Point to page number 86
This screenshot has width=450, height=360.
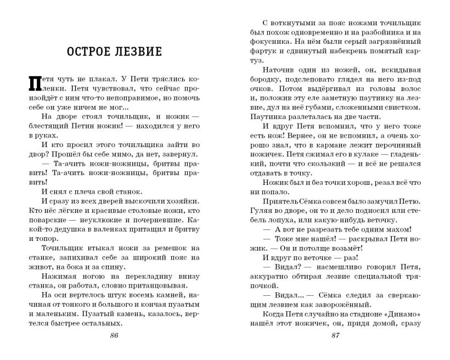click(x=114, y=336)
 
